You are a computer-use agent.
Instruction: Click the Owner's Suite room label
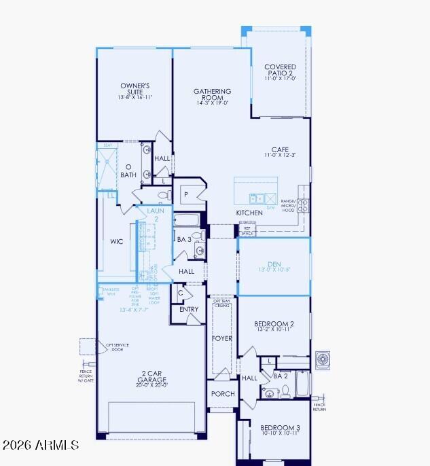(x=135, y=89)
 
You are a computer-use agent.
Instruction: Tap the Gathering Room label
(x=213, y=94)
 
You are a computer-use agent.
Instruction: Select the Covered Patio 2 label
(x=280, y=71)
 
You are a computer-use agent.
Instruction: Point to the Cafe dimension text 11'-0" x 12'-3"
(x=280, y=156)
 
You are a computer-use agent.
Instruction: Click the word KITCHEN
(x=249, y=213)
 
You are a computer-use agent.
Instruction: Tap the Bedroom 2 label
(x=274, y=324)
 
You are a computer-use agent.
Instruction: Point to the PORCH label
(x=223, y=394)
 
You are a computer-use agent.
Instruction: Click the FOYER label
(x=222, y=338)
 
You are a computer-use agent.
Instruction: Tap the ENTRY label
(x=189, y=310)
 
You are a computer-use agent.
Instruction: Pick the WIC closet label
(x=117, y=242)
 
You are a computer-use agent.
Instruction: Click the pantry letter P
(x=185, y=195)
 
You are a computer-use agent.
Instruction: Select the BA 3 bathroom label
(x=183, y=239)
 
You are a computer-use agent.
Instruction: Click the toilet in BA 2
(x=286, y=391)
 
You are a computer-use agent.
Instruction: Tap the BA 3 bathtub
(x=185, y=220)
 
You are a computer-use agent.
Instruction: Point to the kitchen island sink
(x=257, y=198)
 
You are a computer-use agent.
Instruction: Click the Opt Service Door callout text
(x=117, y=347)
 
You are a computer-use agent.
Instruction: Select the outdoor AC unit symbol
(x=323, y=359)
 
